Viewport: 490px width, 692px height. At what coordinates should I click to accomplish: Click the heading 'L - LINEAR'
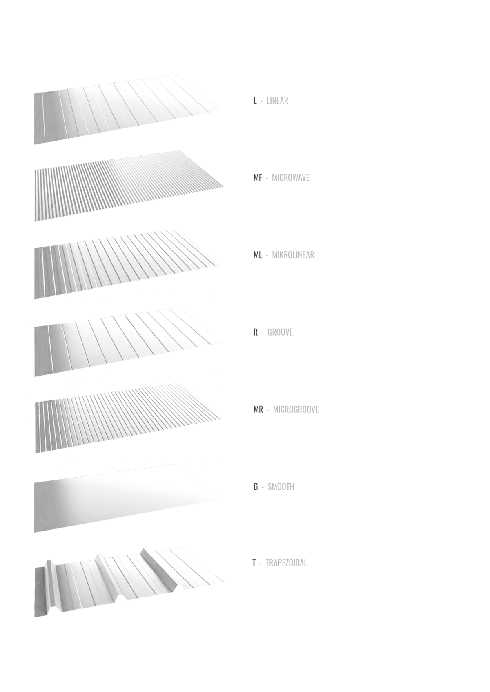(271, 101)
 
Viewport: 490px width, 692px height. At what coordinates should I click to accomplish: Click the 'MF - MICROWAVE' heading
(281, 178)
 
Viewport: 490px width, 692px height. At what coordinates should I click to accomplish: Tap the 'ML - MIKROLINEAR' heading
(284, 255)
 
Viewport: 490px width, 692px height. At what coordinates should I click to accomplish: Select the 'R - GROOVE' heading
(273, 332)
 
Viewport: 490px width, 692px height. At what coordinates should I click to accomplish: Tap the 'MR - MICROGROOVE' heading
(286, 409)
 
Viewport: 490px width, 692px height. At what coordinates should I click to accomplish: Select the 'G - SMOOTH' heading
(274, 487)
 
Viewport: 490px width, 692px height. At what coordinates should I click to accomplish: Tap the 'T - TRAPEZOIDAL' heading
(280, 563)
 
